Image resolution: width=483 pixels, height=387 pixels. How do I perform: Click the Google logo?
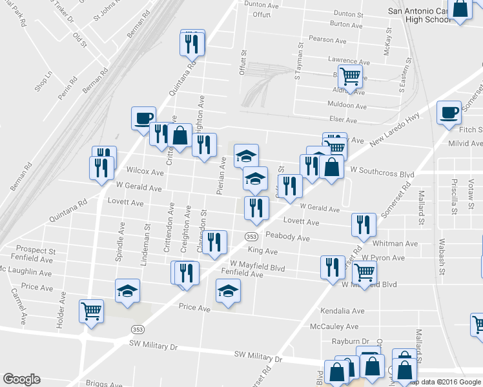tap(21, 379)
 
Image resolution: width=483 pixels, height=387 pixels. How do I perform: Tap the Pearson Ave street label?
tap(331, 39)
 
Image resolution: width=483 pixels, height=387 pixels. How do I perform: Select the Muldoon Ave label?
tap(347, 106)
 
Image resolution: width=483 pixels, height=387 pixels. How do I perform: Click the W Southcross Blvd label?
tap(382, 175)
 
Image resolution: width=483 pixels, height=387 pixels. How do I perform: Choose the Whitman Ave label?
tap(395, 244)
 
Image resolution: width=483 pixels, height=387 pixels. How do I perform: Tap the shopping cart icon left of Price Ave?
tap(91, 312)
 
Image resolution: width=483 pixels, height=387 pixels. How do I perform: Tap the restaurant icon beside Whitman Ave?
tap(364, 225)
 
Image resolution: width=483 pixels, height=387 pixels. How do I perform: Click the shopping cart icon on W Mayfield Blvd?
tap(364, 273)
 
